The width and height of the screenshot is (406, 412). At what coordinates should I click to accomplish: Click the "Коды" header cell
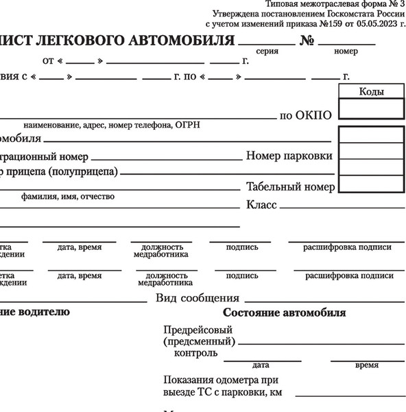(x=371, y=92)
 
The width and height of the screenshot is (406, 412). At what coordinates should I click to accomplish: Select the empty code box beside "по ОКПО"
(x=371, y=109)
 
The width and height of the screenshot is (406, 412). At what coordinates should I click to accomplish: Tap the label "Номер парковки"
(x=289, y=156)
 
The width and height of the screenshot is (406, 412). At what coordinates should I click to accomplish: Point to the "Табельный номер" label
(x=291, y=187)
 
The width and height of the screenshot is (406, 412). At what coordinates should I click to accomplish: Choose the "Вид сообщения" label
(x=198, y=298)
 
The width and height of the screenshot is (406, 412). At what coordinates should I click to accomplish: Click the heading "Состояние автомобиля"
(x=285, y=313)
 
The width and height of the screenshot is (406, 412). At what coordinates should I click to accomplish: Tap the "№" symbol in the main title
(x=307, y=41)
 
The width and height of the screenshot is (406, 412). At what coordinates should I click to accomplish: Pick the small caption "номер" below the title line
(x=346, y=51)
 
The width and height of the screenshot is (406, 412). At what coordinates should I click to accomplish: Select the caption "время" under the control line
(x=367, y=365)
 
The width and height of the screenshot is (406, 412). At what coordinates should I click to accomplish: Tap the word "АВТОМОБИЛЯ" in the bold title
(x=174, y=40)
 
